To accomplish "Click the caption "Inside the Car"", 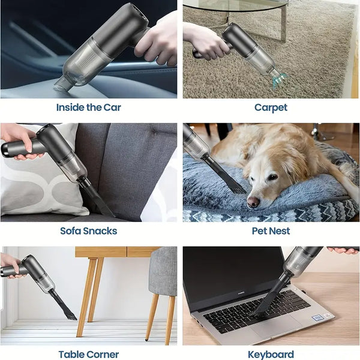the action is click(89, 107).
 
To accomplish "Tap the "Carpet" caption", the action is click(271, 108).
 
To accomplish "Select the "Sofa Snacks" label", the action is click(89, 231).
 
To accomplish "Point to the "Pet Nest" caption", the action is click(271, 231).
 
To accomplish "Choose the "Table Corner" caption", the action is click(89, 354).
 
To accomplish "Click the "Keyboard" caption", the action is click(271, 355).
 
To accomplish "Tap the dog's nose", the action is click(253, 202).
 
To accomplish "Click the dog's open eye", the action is click(272, 177).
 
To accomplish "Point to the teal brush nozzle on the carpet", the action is click(278, 80).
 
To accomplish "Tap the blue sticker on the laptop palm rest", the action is click(318, 318).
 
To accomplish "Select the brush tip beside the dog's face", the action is click(239, 189).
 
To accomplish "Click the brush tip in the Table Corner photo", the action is click(71, 316).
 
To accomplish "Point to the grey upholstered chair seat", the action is click(163, 271).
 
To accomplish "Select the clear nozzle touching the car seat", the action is click(62, 84).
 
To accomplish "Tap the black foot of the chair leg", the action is click(146, 338).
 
